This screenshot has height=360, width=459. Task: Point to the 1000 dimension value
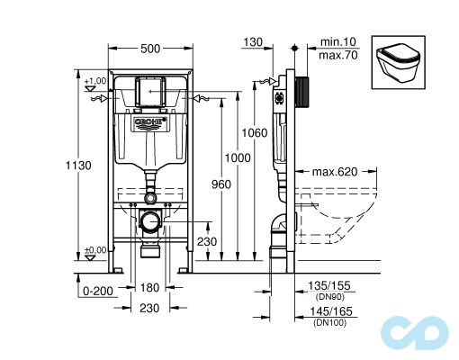238,156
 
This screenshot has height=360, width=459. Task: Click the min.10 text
339,40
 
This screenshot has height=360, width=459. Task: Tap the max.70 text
339,53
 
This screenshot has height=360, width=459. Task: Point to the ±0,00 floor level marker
95,250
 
